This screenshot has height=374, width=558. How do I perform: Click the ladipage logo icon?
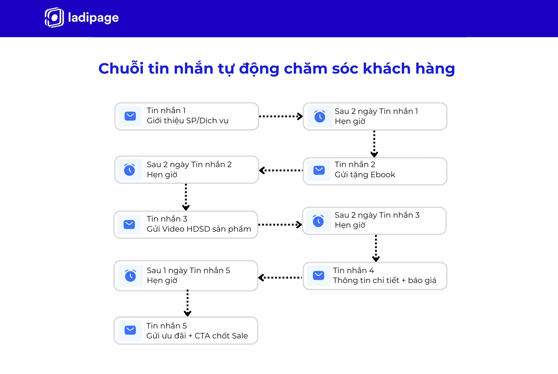54,17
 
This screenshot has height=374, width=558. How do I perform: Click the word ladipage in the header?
93,18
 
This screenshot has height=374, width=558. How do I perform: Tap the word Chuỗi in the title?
121,69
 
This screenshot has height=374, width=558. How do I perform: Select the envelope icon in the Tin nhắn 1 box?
130,116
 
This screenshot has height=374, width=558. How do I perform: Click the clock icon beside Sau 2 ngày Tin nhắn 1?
320,116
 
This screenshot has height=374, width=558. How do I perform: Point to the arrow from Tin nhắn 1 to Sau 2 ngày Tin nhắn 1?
281,116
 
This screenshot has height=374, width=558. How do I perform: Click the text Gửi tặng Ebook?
365,174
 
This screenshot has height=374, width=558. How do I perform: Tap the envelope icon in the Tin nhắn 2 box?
319,170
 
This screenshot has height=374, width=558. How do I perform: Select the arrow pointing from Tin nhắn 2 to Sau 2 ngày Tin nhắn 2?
281,170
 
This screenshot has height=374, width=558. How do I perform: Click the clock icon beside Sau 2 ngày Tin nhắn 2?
129,170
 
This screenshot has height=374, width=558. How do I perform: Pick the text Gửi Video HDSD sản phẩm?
199,229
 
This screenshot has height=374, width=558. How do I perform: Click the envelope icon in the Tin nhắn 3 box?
129,224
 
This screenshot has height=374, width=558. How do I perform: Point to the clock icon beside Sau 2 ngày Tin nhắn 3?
318,221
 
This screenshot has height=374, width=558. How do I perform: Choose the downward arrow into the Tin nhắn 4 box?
376,248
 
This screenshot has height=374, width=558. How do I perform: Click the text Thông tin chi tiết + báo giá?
384,280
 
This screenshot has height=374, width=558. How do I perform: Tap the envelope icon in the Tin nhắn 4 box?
319,275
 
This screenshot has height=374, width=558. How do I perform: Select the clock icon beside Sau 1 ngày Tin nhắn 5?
130,275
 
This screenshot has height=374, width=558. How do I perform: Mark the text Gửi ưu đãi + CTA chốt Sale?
197,336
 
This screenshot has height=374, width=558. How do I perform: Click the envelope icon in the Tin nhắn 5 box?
130,330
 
